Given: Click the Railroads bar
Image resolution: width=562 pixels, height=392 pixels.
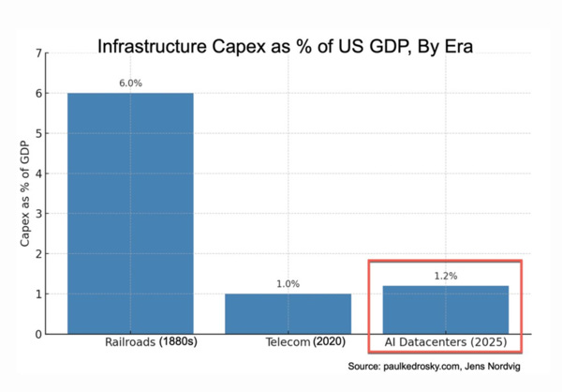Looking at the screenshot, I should pyautogui.click(x=130, y=213).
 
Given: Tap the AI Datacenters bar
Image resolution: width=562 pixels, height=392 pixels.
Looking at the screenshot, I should pyautogui.click(x=445, y=309).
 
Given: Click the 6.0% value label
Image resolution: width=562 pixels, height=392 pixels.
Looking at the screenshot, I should pyautogui.click(x=130, y=83).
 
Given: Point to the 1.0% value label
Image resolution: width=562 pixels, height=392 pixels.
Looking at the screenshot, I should pyautogui.click(x=288, y=284).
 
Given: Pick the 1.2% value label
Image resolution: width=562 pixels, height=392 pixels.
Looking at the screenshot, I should pyautogui.click(x=445, y=276).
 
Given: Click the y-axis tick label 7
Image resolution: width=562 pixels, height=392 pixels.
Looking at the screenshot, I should pyautogui.click(x=39, y=53).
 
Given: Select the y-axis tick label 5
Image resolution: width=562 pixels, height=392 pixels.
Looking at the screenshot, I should pyautogui.click(x=39, y=133).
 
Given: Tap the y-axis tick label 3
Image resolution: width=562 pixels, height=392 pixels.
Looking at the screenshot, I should pyautogui.click(x=39, y=214).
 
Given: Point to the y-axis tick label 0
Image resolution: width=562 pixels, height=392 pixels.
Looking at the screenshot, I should pyautogui.click(x=39, y=334).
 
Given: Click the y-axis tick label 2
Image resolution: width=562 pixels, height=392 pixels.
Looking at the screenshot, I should pyautogui.click(x=39, y=254).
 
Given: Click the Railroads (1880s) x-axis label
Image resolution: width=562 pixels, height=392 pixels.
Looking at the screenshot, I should pyautogui.click(x=149, y=344).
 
